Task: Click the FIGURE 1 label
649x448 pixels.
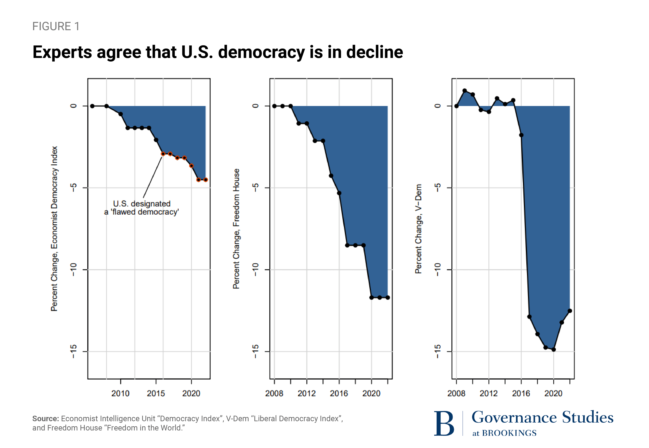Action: tap(56, 26)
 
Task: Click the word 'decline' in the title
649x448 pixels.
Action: tap(374, 52)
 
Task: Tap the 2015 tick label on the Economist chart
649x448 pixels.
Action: tap(156, 393)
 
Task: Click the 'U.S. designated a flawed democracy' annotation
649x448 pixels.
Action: tap(141, 208)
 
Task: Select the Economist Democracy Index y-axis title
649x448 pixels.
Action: tap(54, 229)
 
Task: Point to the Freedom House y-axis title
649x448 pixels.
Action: tap(236, 229)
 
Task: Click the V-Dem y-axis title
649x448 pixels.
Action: tap(418, 229)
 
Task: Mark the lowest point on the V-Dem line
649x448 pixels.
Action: tap(553, 349)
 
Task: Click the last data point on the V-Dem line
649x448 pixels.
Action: tap(570, 311)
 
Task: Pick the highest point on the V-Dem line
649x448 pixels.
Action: tap(465, 91)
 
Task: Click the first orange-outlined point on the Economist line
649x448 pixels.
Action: tap(163, 154)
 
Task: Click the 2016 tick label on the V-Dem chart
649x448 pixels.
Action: tap(521, 393)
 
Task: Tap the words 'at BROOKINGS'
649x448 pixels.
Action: tap(504, 433)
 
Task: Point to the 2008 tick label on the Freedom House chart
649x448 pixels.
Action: tap(274, 393)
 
